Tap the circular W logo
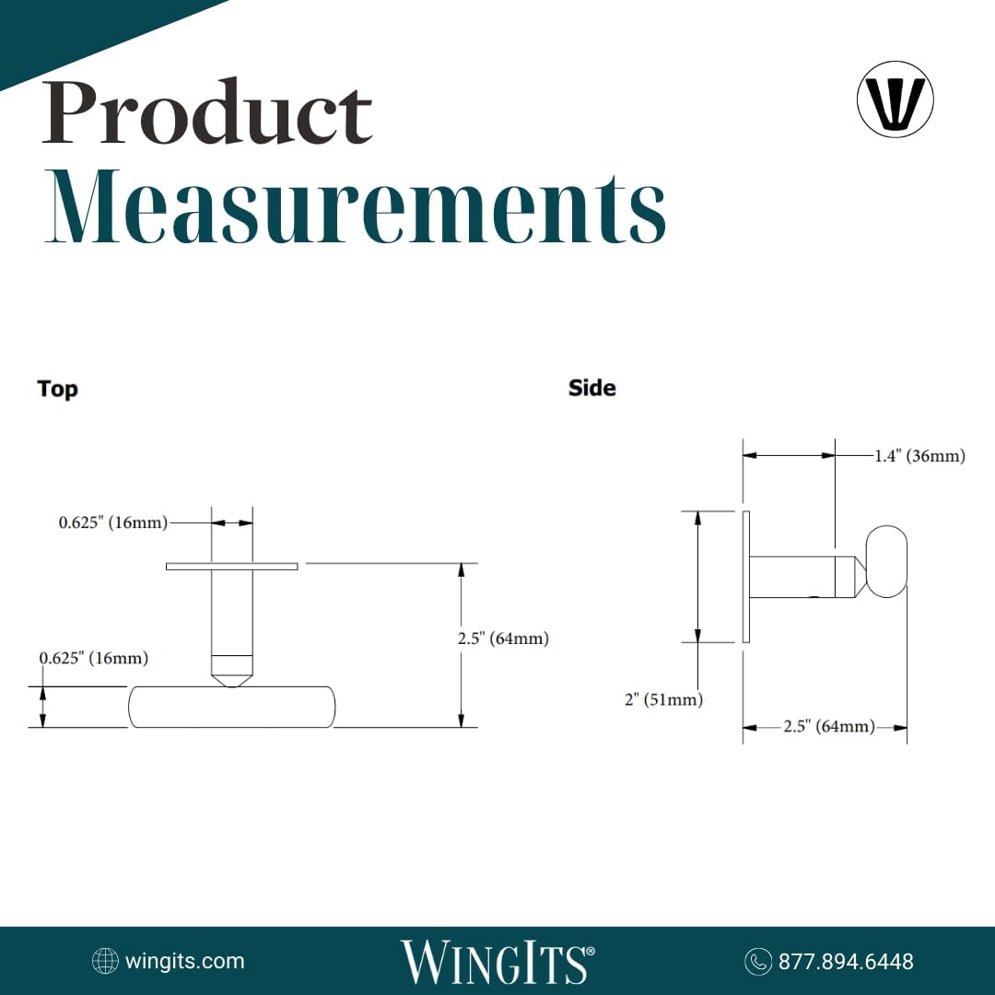click(x=895, y=99)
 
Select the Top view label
click(x=57, y=389)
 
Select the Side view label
click(x=591, y=388)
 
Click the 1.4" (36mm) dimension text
click(x=919, y=456)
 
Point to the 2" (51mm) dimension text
click(x=663, y=700)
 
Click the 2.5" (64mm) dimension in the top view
click(x=503, y=638)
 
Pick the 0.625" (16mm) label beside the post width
click(x=113, y=522)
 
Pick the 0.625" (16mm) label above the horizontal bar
click(x=93, y=658)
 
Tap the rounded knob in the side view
click(x=887, y=561)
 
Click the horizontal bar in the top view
click(x=231, y=707)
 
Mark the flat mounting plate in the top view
click(x=231, y=566)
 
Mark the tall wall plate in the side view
click(x=746, y=577)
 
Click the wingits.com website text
click(x=184, y=961)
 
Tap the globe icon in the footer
click(x=105, y=962)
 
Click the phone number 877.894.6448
click(x=846, y=962)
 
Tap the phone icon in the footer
click(x=757, y=962)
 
